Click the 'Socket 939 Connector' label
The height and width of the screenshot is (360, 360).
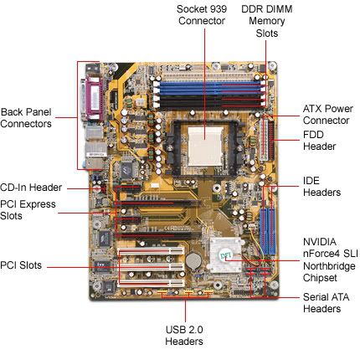(202, 15)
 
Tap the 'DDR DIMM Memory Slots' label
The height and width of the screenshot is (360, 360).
(267, 21)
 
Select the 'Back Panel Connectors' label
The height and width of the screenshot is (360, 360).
(26, 118)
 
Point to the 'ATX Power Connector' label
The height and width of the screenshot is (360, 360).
(328, 115)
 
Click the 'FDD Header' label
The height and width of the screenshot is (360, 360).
(319, 141)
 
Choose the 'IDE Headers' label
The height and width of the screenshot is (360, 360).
(321, 187)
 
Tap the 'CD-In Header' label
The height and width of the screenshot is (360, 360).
(31, 188)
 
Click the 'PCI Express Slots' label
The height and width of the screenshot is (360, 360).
(28, 210)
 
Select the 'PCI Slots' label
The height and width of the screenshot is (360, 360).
(21, 265)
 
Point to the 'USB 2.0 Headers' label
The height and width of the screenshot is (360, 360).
(184, 335)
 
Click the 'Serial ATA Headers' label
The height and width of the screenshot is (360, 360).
(326, 303)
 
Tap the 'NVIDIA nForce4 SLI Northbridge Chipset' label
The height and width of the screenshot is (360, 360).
(331, 260)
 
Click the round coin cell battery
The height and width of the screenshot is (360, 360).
(193, 261)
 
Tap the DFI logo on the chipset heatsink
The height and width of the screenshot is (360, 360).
(224, 255)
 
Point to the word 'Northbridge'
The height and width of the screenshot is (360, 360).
(329, 266)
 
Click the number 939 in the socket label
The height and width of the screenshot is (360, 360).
(219, 9)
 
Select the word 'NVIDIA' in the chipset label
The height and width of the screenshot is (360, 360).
(320, 242)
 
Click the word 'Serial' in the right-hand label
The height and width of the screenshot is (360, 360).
(315, 297)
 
